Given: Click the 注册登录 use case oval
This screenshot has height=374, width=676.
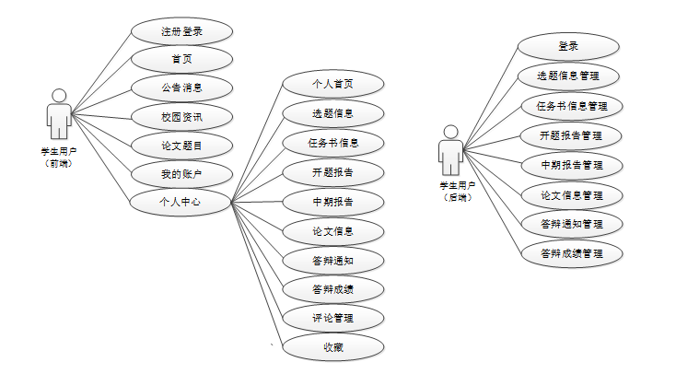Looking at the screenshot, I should pos(181,31).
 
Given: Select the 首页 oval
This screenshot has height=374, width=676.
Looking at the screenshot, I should pos(181,60).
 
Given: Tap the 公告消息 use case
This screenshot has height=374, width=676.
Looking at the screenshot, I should pos(181,88).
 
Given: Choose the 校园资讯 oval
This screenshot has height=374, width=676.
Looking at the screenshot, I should pos(181,117).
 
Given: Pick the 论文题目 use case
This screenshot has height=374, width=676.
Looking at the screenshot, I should pos(181,146).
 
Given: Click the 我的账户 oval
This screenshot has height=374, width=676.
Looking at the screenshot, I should pos(181,173).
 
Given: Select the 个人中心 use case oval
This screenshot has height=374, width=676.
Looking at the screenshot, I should pos(181,202).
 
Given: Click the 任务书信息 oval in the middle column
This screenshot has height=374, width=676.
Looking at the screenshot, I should pos(332,143).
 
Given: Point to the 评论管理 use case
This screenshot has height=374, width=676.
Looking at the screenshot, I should pos(332,318).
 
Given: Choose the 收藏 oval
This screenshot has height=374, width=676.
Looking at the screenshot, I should pos(332,347).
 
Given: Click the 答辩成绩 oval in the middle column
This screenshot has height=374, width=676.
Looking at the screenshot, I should pos(332,289).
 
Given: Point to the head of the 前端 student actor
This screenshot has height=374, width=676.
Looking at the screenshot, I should pos(60,95).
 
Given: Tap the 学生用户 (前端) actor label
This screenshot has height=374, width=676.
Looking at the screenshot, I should pos(59,156).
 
